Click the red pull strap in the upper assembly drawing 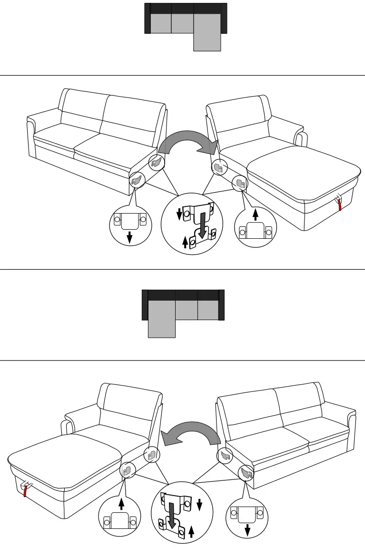pyautogui.click(x=339, y=204)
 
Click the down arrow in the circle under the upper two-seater pyautogui.click(x=129, y=236)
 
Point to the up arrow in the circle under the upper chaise pyautogui.click(x=255, y=215)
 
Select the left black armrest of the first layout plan pyautogui.click(x=148, y=19)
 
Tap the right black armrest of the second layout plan pyautogui.click(x=221, y=304)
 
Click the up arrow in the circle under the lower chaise pyautogui.click(x=121, y=504)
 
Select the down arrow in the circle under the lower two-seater pyautogui.click(x=247, y=529)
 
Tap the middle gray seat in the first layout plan pyautogui.click(x=182, y=23)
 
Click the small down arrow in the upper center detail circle pyautogui.click(x=180, y=215)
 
